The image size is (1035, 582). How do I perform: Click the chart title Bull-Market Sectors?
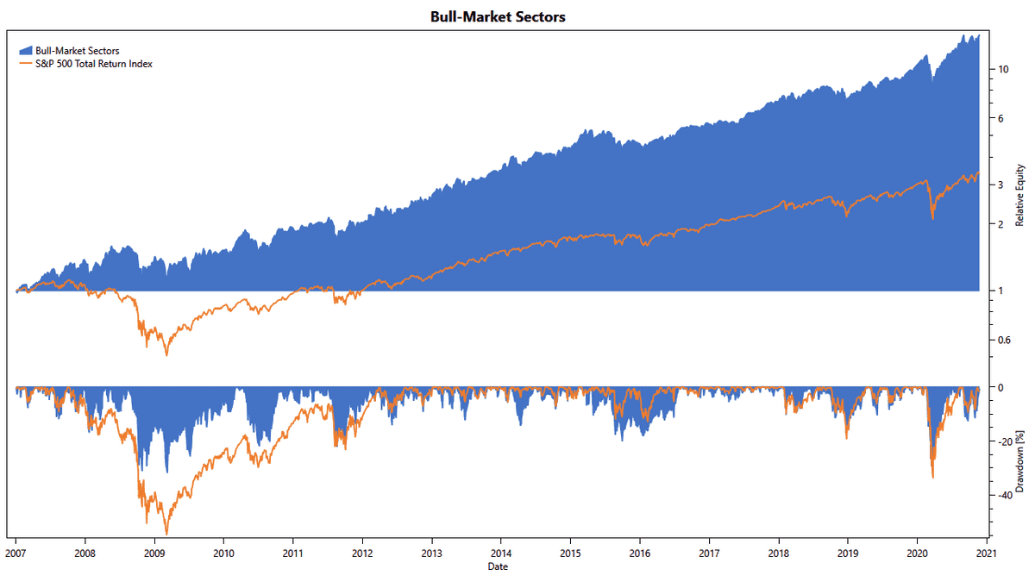coord(498,16)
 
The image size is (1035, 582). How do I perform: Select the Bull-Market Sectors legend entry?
coord(77,51)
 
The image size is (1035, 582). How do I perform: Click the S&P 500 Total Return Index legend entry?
coord(93,63)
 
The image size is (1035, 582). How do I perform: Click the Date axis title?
coord(498,566)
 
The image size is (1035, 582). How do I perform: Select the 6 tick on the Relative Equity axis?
coord(1000,118)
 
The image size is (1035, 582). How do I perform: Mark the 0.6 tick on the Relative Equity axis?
coord(1004,340)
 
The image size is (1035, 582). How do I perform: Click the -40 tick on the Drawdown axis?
coord(1005,495)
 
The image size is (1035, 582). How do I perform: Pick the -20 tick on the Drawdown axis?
coord(1005,441)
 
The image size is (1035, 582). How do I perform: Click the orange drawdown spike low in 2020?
coord(933,477)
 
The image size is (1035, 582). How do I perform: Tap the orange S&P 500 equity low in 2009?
coord(166,355)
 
